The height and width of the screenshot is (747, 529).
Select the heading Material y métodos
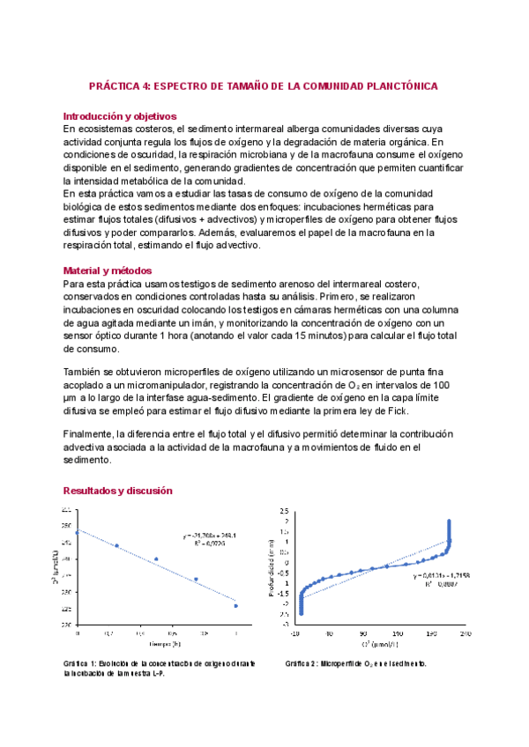(x=108, y=270)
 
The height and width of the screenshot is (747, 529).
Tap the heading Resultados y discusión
(x=118, y=491)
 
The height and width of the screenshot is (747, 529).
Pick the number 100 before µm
(x=444, y=385)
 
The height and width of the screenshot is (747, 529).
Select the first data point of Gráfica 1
(x=78, y=532)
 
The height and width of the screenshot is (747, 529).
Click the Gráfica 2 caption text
(x=356, y=663)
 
